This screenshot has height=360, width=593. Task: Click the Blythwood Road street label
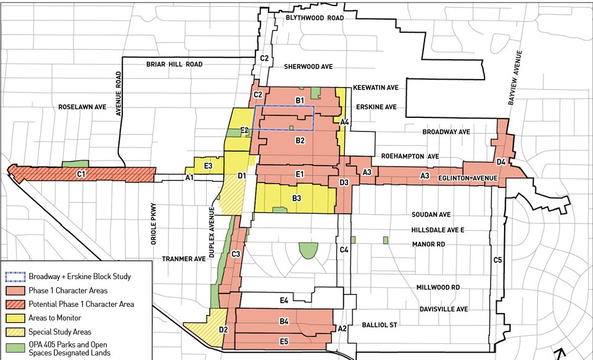coord(314,19)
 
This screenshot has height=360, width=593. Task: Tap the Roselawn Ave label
coord(82,107)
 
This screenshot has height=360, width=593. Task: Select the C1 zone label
coord(81,175)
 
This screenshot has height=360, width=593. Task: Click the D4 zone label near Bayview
coord(501,162)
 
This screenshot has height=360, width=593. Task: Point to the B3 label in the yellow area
coord(297,198)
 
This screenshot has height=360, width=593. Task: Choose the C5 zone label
coord(497,260)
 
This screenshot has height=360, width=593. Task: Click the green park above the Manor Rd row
coord(307,250)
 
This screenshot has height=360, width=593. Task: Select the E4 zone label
coord(284,301)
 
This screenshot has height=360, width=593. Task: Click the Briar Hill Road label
coord(175,64)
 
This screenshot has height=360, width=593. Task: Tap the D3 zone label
coord(344,182)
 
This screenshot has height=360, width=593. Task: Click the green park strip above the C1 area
coord(75,164)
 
